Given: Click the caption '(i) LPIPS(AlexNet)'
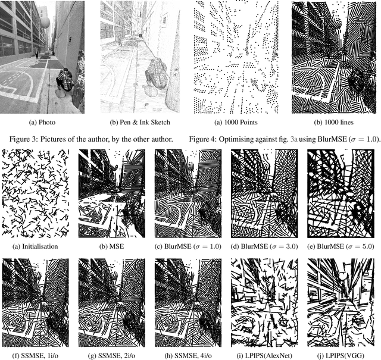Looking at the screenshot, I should (x=263, y=356).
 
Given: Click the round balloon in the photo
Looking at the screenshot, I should (x=45, y=23).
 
